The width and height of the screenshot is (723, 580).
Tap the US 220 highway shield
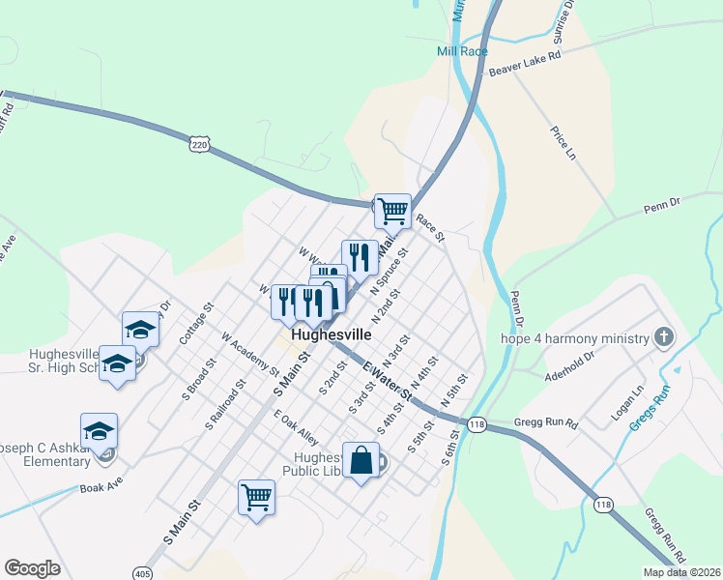point(199,144)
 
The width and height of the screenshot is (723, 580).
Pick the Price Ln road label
point(563,143)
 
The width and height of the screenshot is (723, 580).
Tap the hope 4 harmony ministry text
point(573,338)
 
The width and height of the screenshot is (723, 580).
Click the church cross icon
point(664,337)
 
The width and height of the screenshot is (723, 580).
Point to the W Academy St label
point(250,354)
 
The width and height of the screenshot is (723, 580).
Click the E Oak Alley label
point(296,425)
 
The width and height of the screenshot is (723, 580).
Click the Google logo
point(33,568)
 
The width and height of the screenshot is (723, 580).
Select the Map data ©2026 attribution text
point(681,572)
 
